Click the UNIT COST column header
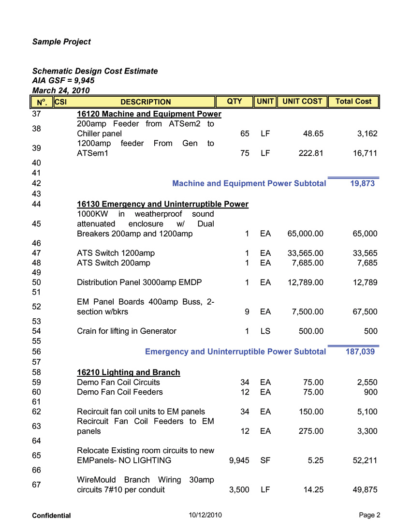(302, 102)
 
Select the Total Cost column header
(353, 102)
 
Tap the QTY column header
(235, 102)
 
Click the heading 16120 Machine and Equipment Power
(149, 114)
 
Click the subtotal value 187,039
(360, 352)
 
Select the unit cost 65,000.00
(306, 234)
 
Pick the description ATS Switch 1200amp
(116, 253)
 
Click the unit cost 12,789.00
(306, 282)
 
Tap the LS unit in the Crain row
(265, 331)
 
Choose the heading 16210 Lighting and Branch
(129, 372)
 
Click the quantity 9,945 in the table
(238, 460)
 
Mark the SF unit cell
(265, 460)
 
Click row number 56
(36, 352)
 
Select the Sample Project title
(61, 42)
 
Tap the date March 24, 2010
(61, 90)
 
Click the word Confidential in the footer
(51, 516)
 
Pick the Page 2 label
(369, 515)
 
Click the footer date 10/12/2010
(205, 515)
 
